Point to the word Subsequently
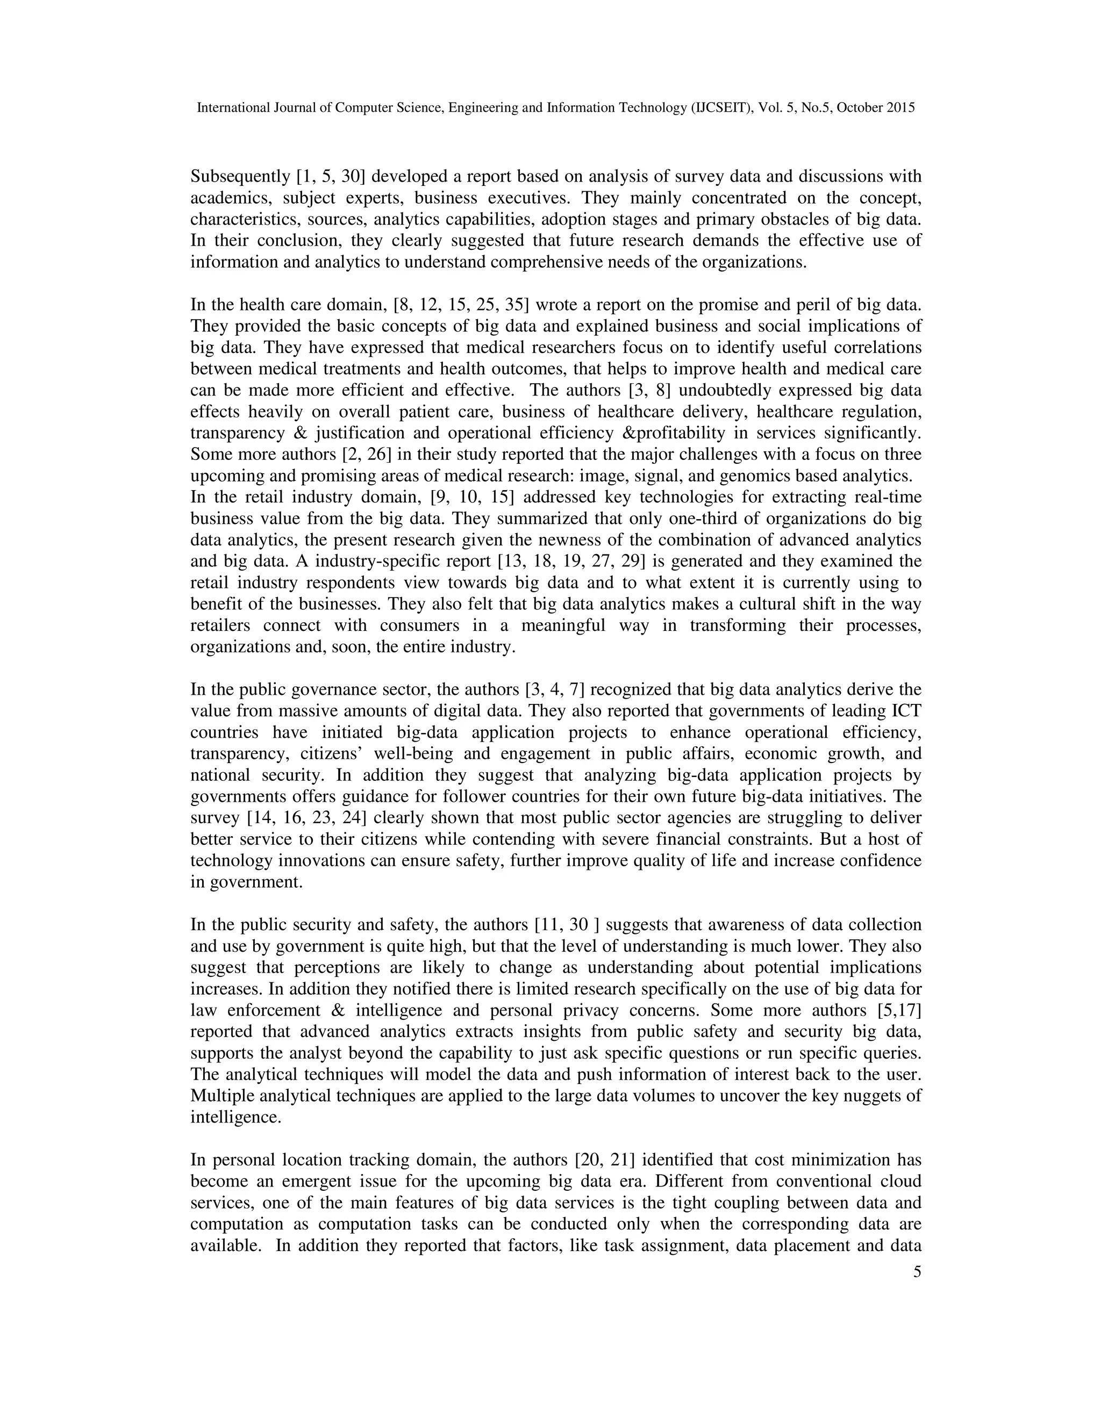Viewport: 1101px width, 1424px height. point(240,177)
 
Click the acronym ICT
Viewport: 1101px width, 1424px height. point(905,711)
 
